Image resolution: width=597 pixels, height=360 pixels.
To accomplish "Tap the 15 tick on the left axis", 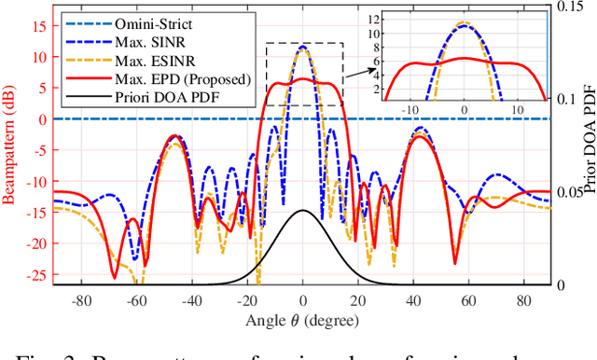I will click(x=39, y=26).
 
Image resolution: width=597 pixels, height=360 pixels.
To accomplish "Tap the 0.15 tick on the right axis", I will click(x=566, y=6).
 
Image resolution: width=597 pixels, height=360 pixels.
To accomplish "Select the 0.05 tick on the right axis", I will click(x=566, y=192).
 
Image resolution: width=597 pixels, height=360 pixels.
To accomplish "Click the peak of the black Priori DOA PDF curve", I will click(x=302, y=211).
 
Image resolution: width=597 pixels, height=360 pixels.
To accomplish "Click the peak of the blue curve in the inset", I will click(x=464, y=24).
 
